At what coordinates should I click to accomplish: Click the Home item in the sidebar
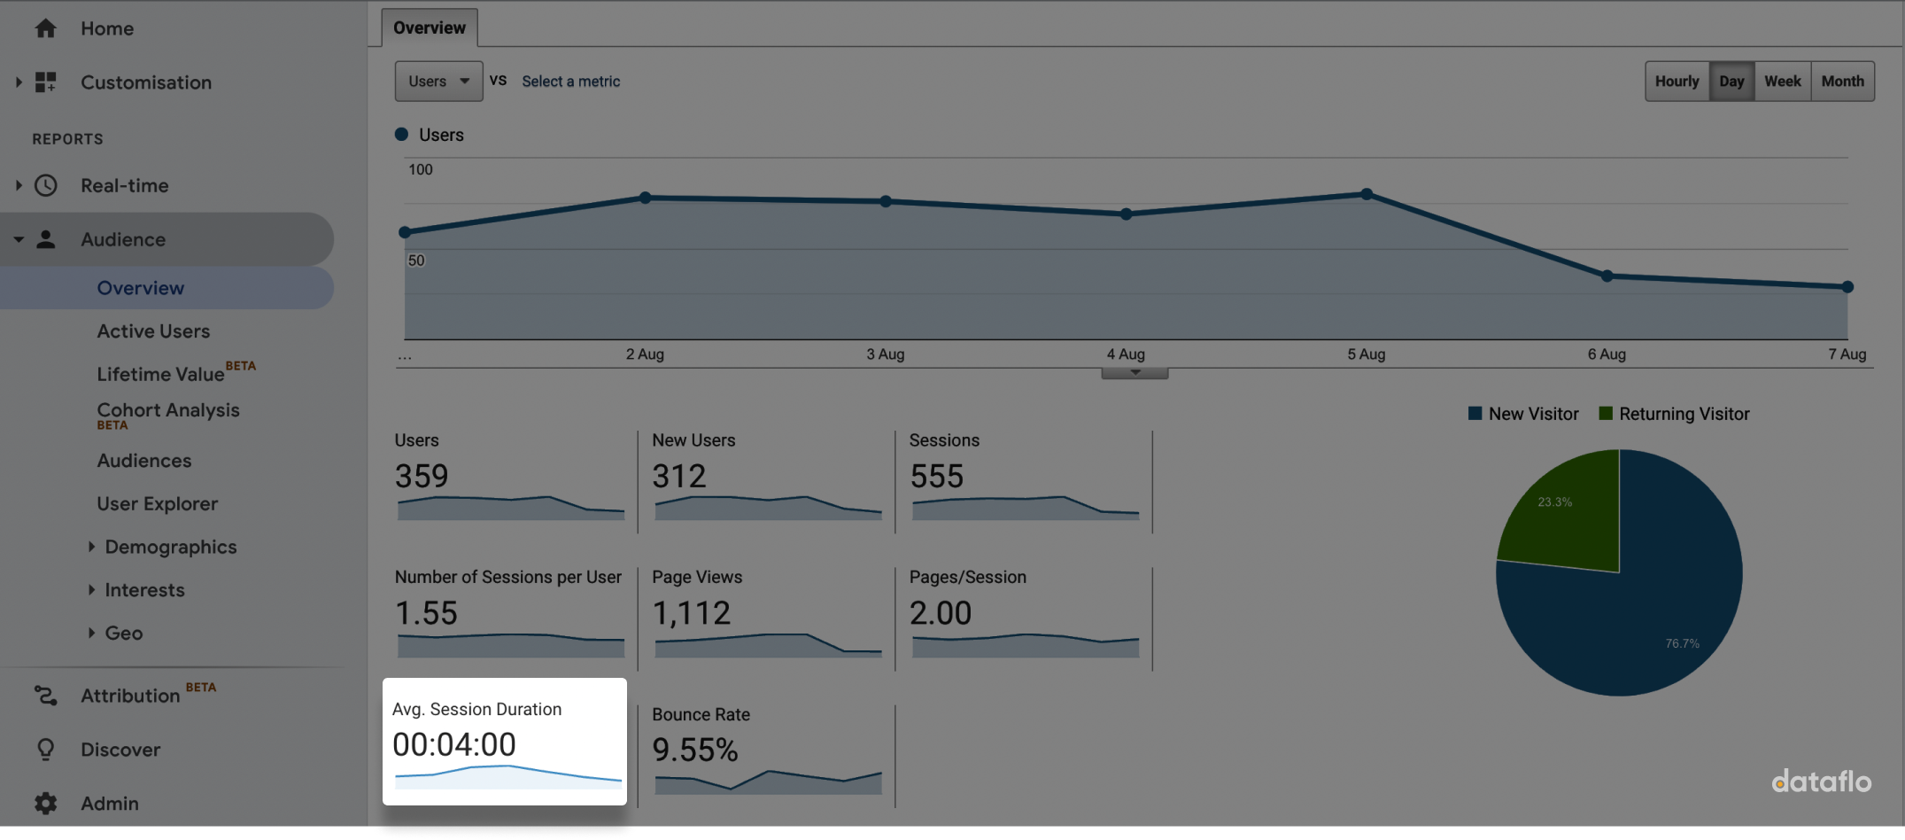point(106,28)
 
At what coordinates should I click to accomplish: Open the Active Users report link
point(153,331)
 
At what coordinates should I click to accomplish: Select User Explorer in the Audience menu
point(157,503)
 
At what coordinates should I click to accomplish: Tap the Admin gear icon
point(46,804)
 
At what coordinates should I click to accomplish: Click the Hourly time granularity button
point(1677,82)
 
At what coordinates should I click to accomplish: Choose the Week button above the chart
point(1782,82)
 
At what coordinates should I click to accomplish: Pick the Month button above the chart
point(1842,82)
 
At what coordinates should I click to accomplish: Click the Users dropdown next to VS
point(438,82)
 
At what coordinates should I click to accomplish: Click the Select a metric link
point(570,82)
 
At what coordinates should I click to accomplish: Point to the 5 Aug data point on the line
point(1367,194)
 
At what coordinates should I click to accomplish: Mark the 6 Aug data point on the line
point(1607,276)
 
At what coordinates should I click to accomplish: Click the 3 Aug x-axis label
point(885,354)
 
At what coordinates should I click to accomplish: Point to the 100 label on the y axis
point(421,169)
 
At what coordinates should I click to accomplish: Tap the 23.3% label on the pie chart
point(1554,502)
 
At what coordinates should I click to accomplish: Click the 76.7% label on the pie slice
point(1682,643)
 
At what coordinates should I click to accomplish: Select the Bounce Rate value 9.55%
point(695,751)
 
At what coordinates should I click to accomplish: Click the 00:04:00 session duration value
point(454,744)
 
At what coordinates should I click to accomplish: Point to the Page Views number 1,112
point(692,613)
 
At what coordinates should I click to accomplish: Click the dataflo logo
point(1821,782)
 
